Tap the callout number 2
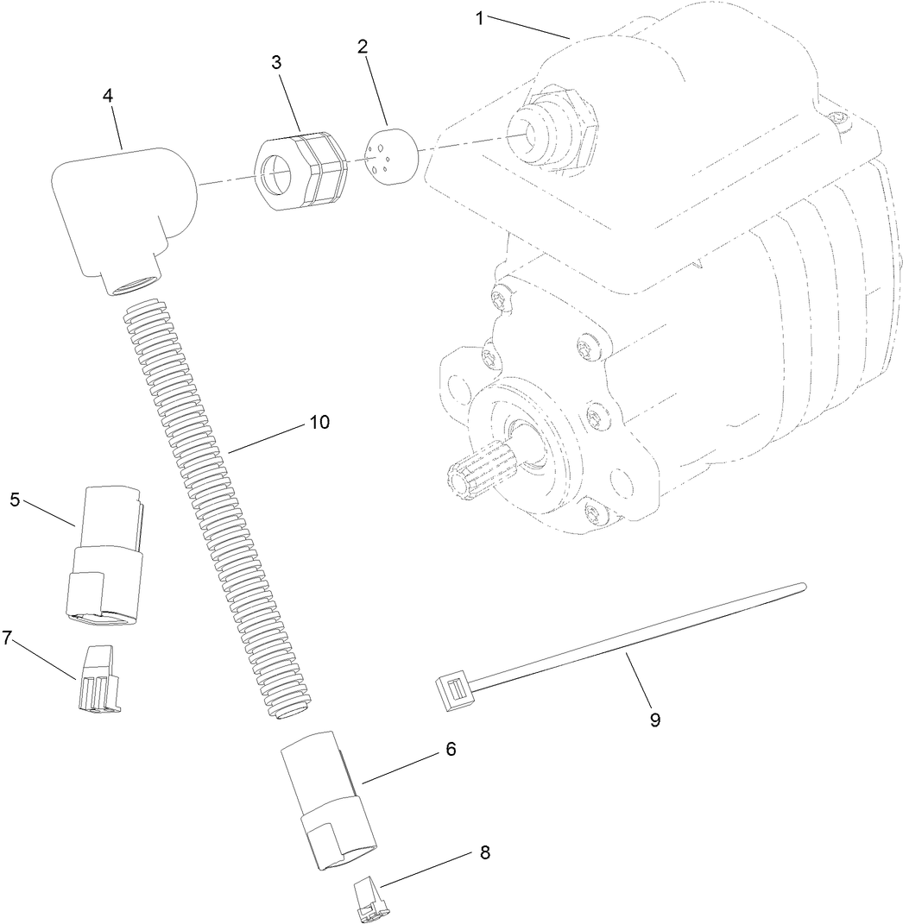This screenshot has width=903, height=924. [364, 46]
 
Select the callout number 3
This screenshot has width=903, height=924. [276, 63]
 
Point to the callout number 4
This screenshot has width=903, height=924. [108, 96]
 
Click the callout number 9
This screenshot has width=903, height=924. [655, 720]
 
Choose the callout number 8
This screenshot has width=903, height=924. [484, 852]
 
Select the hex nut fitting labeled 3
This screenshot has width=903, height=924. [298, 171]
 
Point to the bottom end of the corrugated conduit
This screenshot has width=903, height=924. [287, 710]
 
